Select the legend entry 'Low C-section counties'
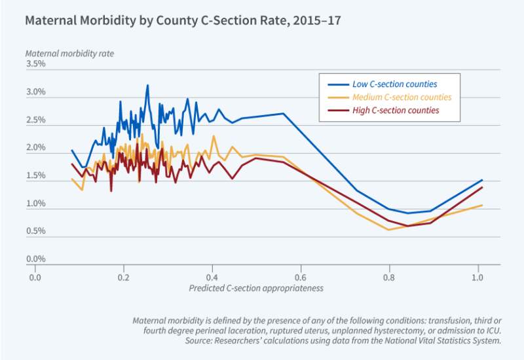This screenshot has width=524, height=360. coord(395,84)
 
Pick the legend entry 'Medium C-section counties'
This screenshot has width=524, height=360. coord(402,98)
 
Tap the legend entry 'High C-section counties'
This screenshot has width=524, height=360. coord(396,111)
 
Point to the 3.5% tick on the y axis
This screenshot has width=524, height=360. coord(35,64)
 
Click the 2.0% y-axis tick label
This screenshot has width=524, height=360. coord(35,149)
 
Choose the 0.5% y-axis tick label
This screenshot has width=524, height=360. coord(35,232)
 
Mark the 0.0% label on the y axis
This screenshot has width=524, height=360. coord(35,260)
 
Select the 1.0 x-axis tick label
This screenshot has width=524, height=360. coord(477,277)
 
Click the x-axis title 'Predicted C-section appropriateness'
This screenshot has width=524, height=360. coord(256,288)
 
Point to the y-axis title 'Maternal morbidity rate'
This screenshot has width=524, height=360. coord(65,53)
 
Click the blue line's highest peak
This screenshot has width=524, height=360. coord(147,85)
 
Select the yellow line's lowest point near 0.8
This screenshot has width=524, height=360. coord(388,230)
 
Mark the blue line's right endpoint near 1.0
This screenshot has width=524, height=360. coord(482,179)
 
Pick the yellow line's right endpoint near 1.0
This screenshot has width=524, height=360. coord(482,205)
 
